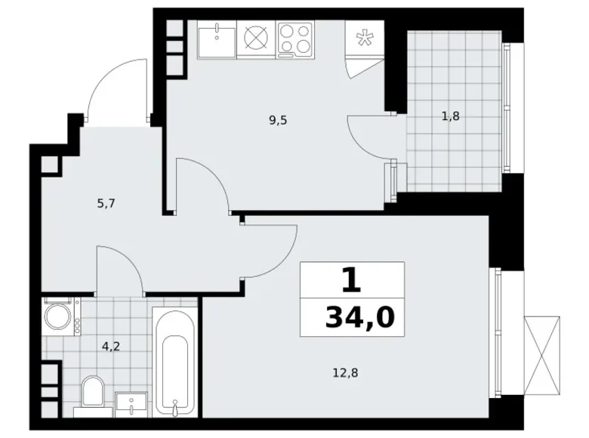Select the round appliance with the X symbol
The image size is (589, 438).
pos(257,38)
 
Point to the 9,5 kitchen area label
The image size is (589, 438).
pos(279,119)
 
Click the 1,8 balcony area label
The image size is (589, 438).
pos(451,116)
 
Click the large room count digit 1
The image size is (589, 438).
pos(350,281)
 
